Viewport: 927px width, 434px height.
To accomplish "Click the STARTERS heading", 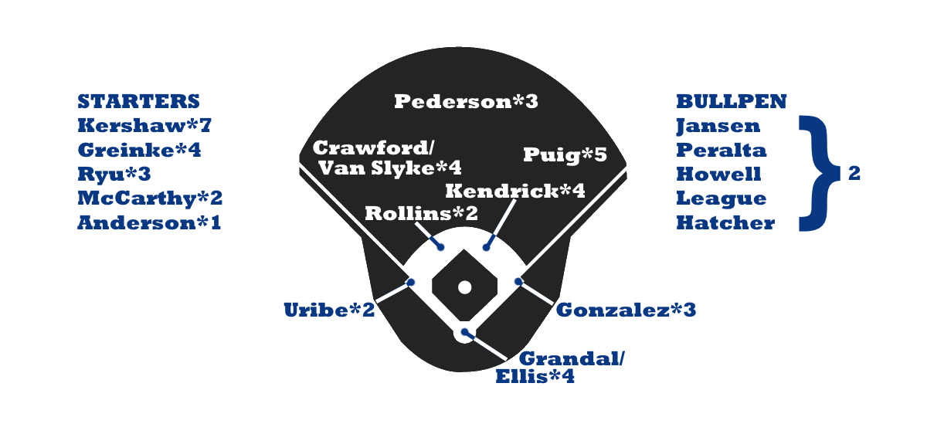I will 138,101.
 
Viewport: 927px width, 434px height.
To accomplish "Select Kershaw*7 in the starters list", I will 144,126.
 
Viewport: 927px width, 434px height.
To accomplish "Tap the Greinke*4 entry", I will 139,150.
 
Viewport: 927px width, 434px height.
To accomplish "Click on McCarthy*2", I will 150,198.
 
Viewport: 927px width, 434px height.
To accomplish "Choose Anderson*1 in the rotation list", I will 149,223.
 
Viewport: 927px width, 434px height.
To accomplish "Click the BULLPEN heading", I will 731,101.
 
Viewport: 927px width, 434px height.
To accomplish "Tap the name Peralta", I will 722,150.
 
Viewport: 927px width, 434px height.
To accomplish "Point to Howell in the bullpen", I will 718,174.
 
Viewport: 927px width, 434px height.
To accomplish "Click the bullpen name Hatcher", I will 725,223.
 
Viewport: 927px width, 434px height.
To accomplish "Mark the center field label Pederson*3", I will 466,101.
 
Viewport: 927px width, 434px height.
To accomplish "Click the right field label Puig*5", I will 565,155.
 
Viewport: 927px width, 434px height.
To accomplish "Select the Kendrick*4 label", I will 515,191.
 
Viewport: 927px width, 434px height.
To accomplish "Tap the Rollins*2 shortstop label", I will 421,213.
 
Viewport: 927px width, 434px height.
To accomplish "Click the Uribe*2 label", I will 329,310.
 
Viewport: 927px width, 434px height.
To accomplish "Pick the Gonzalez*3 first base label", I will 626,310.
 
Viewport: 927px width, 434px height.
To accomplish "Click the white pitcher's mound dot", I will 464,287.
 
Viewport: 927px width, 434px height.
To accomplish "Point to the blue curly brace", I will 818,174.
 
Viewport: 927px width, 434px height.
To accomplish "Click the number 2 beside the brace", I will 854,174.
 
